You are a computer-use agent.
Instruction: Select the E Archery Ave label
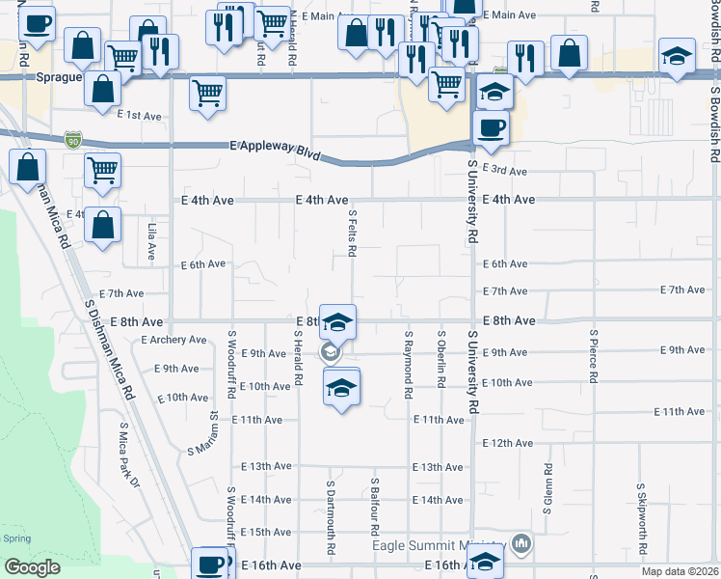[174, 340]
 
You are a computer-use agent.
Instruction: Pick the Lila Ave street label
[152, 242]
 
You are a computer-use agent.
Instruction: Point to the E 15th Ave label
[265, 532]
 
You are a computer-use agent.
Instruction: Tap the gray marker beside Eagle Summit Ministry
[521, 544]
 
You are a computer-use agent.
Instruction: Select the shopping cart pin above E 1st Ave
[207, 94]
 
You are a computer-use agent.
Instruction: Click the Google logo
[32, 567]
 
